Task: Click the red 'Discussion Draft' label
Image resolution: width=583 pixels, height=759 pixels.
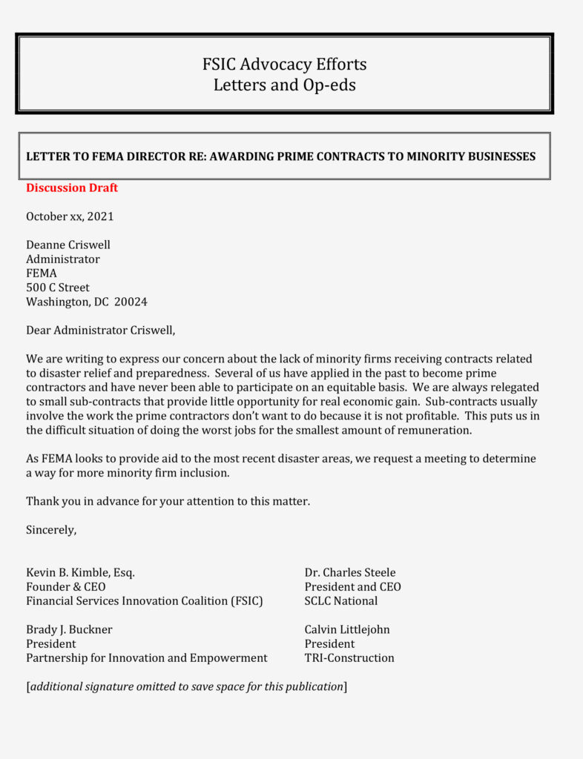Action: click(72, 188)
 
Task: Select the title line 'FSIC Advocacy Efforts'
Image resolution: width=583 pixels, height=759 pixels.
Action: click(284, 64)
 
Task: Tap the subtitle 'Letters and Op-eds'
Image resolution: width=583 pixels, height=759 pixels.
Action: click(284, 85)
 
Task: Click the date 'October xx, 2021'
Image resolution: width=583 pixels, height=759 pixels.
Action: click(70, 216)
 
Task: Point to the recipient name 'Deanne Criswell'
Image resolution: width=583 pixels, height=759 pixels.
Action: click(68, 245)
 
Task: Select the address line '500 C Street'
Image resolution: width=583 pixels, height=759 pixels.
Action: click(58, 288)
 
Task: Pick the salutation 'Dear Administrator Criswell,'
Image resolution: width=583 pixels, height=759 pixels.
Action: click(100, 331)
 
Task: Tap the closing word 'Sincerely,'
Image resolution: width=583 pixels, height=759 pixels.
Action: click(51, 530)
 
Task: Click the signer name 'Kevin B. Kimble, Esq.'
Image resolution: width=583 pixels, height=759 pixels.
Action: click(80, 573)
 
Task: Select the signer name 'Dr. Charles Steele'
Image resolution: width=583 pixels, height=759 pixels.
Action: click(350, 573)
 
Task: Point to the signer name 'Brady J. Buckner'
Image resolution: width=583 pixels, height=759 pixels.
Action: click(69, 630)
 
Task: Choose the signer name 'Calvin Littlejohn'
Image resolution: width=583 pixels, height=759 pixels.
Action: click(347, 630)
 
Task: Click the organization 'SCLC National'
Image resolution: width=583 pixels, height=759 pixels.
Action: click(341, 601)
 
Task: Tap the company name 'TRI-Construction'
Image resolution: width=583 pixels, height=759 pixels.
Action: click(349, 658)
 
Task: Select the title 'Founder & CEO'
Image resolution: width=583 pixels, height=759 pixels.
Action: click(65, 587)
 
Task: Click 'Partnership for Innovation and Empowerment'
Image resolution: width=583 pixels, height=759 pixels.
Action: click(147, 658)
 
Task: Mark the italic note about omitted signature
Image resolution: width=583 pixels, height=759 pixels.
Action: click(187, 687)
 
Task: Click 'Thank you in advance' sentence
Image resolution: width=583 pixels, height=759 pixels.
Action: click(168, 502)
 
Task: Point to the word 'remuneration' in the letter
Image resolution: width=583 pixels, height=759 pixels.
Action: click(435, 431)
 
